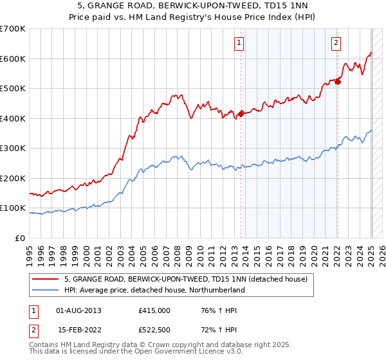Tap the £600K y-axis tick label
(13, 59)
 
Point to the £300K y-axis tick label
(13, 148)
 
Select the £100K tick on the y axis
(13, 208)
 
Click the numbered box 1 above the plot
(239, 43)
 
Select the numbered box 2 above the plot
(336, 43)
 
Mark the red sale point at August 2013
(241, 114)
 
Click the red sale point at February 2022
(338, 82)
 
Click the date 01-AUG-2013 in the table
(79, 310)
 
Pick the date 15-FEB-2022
(78, 328)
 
